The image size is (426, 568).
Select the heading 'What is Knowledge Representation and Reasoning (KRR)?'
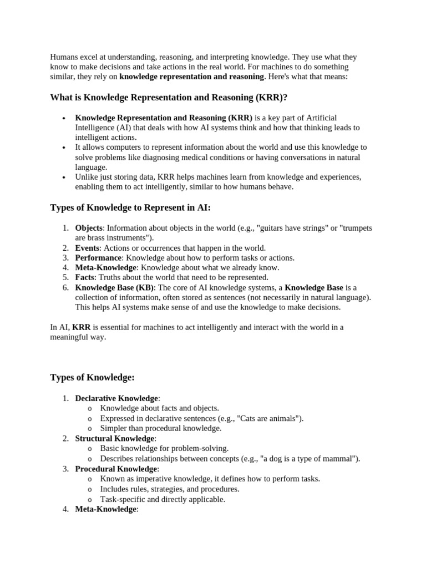coord(169,98)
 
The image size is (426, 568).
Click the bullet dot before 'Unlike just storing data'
coord(64,177)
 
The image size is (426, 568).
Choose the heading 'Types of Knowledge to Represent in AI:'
coord(130,207)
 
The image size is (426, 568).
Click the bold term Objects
coord(89,228)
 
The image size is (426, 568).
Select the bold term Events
coord(87,248)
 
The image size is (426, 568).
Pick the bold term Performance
coord(98,258)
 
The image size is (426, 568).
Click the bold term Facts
coord(85,277)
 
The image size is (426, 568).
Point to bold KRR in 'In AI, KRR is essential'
coord(81,327)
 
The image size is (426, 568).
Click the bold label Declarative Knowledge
coord(116,398)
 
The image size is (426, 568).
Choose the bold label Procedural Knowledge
coord(116,469)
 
